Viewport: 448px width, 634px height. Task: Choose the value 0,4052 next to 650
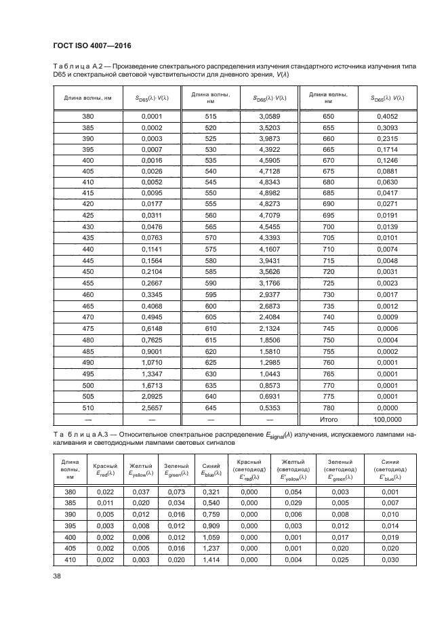tap(391, 117)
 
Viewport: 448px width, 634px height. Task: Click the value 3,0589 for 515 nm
tap(269, 117)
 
